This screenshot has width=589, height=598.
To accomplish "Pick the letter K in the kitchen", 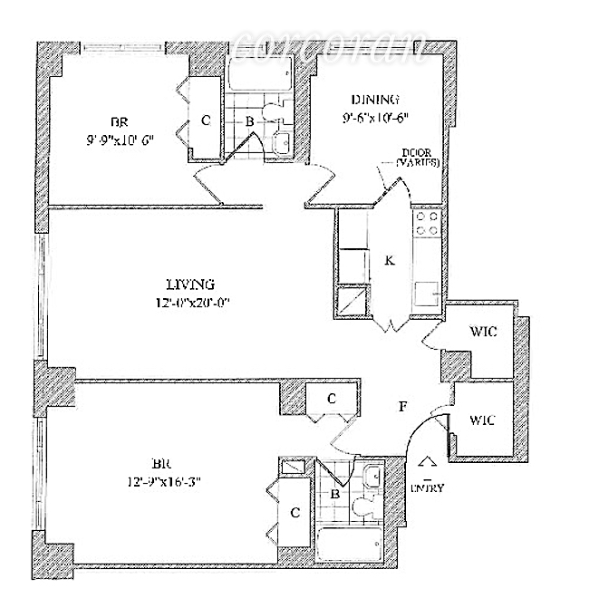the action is tap(389, 260).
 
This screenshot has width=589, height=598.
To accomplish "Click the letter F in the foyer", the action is tap(401, 407).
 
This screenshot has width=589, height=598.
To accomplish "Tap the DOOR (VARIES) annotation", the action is tap(418, 158).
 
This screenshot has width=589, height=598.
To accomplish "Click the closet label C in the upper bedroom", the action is tap(206, 120).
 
